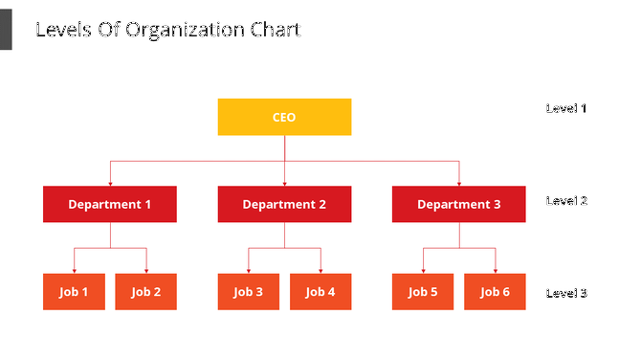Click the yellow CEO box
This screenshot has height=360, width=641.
284,117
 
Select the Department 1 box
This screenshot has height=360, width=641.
110,204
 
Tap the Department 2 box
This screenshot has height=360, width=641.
284,204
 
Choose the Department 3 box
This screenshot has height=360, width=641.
458,204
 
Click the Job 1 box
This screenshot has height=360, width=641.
74,292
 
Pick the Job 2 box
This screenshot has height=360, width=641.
146,292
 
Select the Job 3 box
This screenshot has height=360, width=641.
248,292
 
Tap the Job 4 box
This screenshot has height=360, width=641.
320,292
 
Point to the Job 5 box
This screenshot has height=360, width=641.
423,292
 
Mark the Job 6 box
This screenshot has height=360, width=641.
495,292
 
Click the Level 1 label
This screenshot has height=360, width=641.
566,108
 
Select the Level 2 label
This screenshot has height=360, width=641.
566,201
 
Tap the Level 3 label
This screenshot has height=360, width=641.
566,293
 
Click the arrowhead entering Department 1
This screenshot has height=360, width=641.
110,183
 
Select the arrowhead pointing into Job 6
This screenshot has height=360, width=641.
495,271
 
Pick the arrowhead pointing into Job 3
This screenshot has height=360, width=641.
248,271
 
